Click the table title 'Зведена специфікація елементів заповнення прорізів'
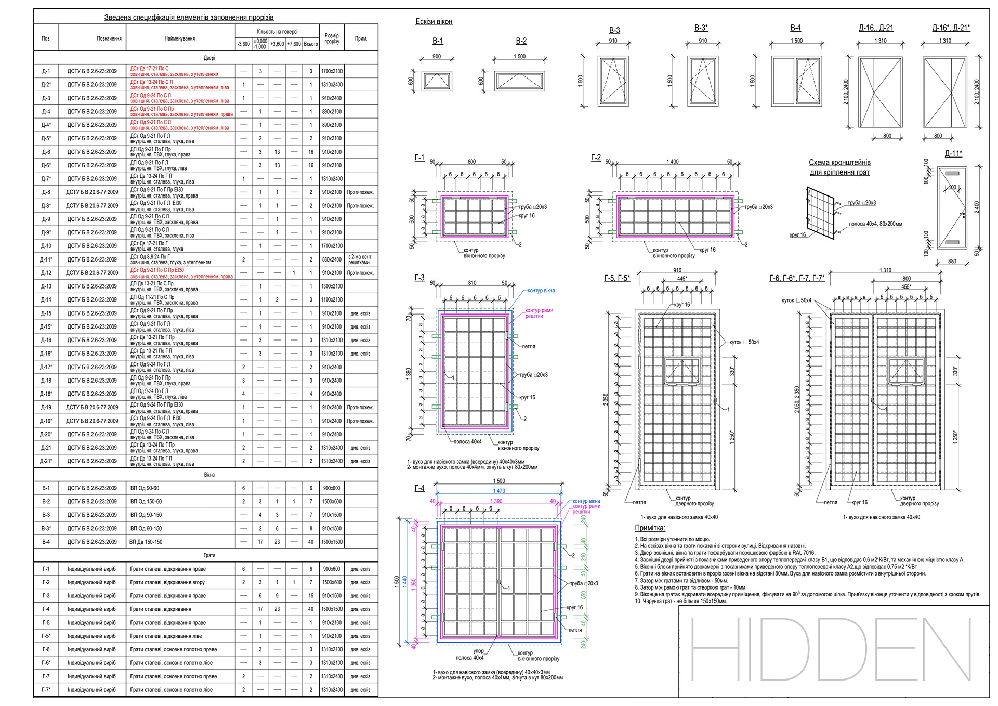[x=189, y=18]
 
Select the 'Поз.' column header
[x=46, y=38]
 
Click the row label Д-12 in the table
[x=46, y=273]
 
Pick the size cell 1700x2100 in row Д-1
[x=332, y=71]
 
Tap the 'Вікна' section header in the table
[x=209, y=475]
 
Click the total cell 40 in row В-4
[x=311, y=542]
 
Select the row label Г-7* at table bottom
[x=46, y=690]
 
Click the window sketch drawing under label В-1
[x=437, y=81]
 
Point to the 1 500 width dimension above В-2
[x=519, y=57]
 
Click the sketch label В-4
[x=795, y=28]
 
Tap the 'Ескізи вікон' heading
[x=434, y=22]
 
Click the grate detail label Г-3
[x=419, y=278]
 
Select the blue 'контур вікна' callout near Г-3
[x=541, y=291]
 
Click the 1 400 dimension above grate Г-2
[x=673, y=162]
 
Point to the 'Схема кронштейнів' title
[x=839, y=163]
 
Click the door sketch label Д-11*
[x=953, y=154]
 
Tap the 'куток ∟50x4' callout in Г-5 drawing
[x=744, y=342]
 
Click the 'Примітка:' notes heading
[x=650, y=528]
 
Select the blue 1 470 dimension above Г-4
[x=499, y=491]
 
